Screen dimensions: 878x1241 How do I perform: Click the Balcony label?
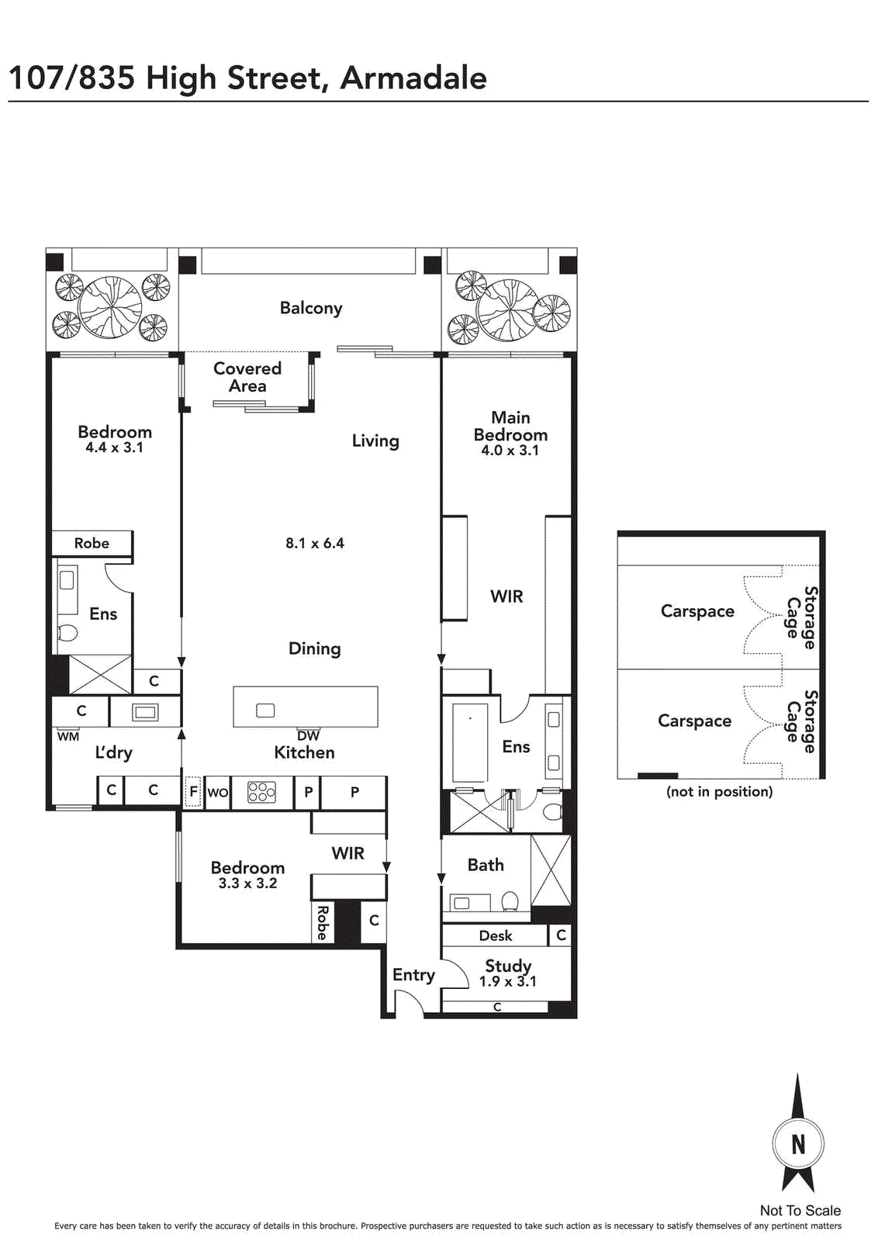[x=311, y=308]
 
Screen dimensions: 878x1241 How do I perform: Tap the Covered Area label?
[x=247, y=377]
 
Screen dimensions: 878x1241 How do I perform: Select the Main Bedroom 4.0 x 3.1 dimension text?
[x=510, y=450]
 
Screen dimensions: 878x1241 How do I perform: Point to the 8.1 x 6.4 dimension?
[x=315, y=543]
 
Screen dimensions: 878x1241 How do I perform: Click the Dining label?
[x=315, y=648]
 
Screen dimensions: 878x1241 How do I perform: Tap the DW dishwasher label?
[x=309, y=736]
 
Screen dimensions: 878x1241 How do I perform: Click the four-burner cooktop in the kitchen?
[x=261, y=792]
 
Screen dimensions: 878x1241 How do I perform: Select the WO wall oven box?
[x=218, y=793]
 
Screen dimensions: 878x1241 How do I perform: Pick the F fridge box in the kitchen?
[x=193, y=792]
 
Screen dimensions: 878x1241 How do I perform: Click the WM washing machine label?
[x=68, y=737]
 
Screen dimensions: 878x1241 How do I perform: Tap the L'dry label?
[x=113, y=752]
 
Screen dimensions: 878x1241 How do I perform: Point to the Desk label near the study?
[x=495, y=935]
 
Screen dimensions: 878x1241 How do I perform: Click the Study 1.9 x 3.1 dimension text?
[x=508, y=982]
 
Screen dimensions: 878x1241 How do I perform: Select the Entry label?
[x=414, y=975]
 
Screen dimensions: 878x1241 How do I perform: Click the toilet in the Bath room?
[x=510, y=901]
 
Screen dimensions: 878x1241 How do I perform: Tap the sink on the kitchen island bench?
[x=265, y=710]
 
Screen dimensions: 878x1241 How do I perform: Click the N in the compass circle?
[x=798, y=1145]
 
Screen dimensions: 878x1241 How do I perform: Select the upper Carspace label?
[x=697, y=611]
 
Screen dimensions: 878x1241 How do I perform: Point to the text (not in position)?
[x=719, y=791]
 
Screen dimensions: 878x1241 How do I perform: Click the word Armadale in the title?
[x=413, y=78]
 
